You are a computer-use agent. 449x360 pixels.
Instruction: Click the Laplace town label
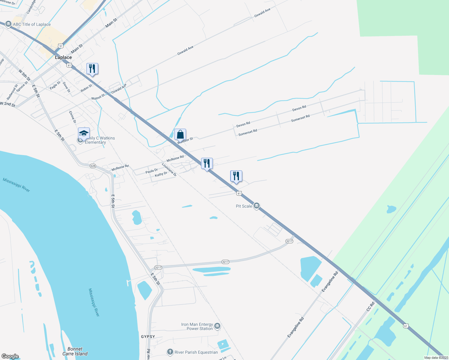click(x=63, y=57)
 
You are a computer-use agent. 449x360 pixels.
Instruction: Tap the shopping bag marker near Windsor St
click(x=180, y=134)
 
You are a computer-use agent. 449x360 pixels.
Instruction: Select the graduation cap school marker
click(x=84, y=133)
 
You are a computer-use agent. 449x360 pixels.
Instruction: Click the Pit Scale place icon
click(x=256, y=206)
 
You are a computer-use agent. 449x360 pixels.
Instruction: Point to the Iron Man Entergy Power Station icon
click(x=217, y=326)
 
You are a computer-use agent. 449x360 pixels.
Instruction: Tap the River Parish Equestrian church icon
click(x=170, y=352)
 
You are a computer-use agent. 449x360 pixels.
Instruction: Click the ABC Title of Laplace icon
click(x=8, y=24)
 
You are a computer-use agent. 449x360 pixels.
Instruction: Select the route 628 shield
click(x=93, y=166)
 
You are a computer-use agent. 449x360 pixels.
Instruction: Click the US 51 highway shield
click(x=61, y=46)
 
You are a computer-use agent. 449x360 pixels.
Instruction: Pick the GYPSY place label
click(x=148, y=337)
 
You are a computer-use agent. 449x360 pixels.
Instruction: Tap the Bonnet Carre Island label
click(x=75, y=351)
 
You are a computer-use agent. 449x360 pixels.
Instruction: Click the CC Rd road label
click(x=371, y=306)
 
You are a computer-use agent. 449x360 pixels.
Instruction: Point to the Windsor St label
click(x=185, y=140)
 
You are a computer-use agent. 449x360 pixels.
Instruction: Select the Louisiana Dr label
click(x=169, y=169)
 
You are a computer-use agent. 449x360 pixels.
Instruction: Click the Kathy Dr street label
click(x=161, y=174)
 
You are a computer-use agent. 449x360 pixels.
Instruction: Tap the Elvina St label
click(x=72, y=117)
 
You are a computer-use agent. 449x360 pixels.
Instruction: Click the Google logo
click(x=10, y=356)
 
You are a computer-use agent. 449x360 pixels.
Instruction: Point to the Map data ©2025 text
click(x=436, y=358)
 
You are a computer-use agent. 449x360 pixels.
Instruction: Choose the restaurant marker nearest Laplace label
click(x=92, y=69)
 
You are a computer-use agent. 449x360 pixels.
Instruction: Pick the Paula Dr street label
click(x=152, y=171)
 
